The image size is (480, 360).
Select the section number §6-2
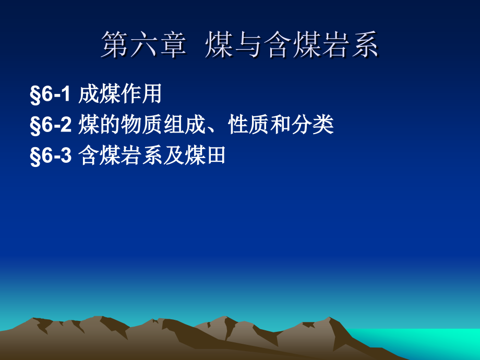(51, 125)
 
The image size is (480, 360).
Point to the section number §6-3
(51, 156)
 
